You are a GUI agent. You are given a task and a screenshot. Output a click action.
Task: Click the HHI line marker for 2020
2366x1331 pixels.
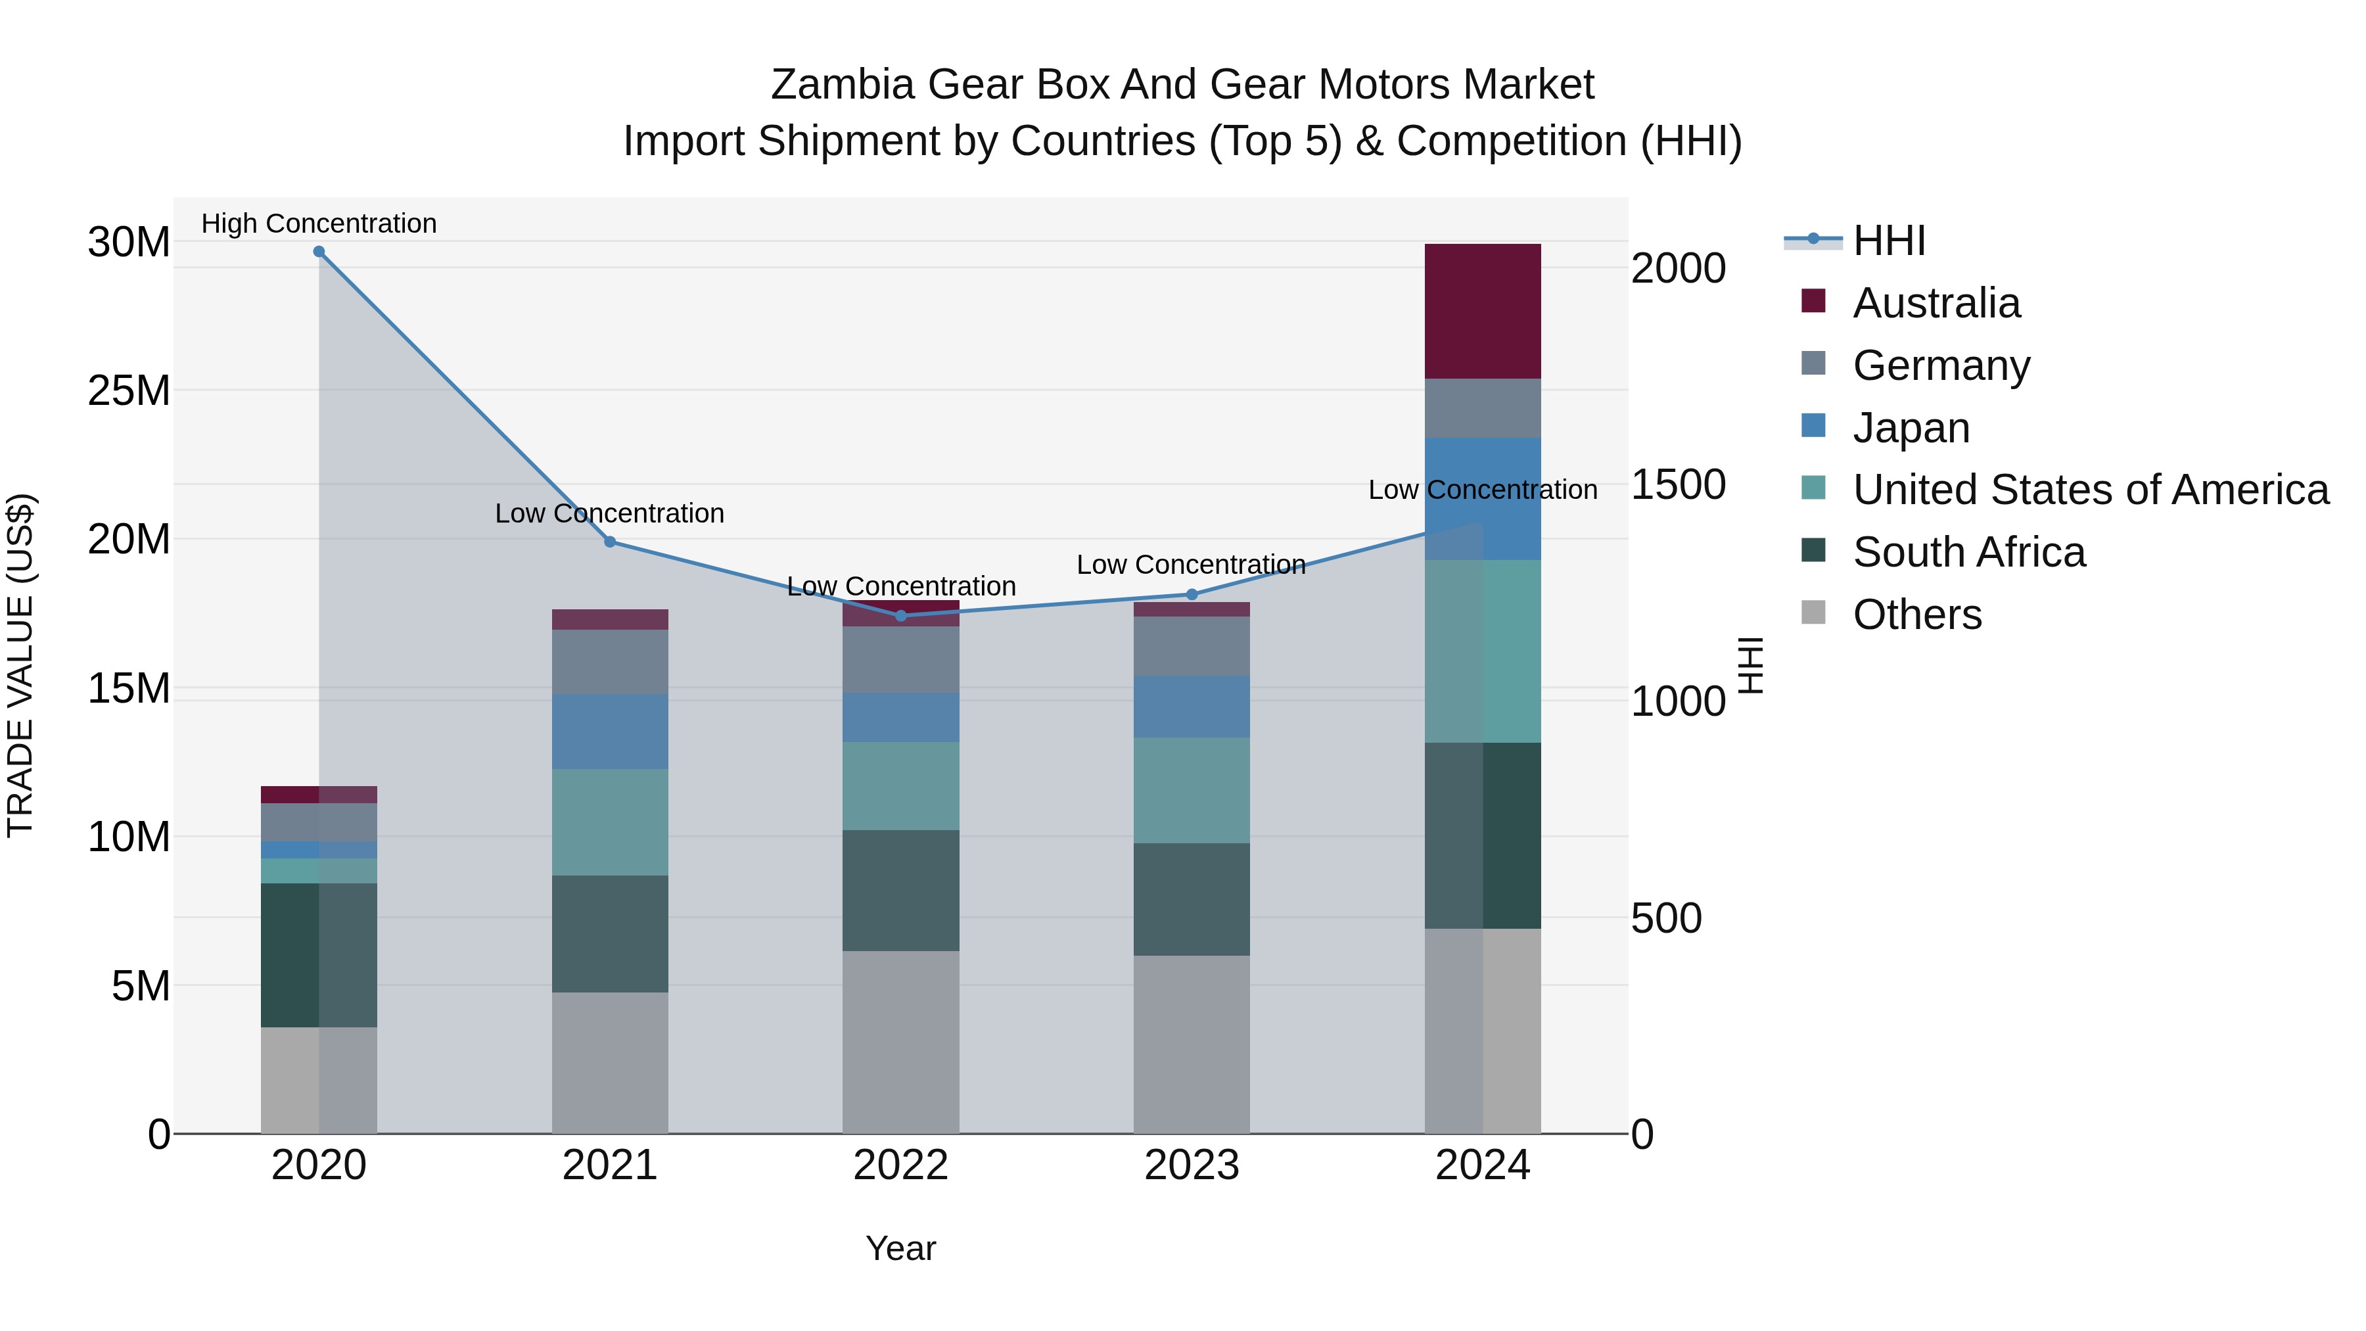click(x=319, y=252)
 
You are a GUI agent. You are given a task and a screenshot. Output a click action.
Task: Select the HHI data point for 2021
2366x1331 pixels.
click(x=610, y=542)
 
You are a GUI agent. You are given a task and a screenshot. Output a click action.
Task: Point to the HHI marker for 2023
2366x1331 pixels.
click(x=1192, y=594)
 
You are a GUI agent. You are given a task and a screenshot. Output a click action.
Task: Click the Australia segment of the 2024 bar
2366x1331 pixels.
click(x=1483, y=312)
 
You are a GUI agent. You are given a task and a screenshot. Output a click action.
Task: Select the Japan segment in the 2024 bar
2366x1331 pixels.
click(x=1483, y=499)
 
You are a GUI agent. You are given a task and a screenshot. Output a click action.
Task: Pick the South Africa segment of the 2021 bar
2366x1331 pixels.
click(x=610, y=933)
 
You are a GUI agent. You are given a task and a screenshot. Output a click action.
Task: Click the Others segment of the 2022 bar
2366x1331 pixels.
click(x=901, y=1042)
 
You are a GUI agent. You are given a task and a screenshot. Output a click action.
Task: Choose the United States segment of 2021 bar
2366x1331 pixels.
click(x=610, y=822)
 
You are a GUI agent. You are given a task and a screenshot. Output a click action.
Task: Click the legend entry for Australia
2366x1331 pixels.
click(x=1936, y=303)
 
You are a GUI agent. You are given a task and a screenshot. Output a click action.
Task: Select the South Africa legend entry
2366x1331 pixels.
click(x=1968, y=552)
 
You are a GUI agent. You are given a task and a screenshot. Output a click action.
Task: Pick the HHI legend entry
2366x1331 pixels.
click(x=1888, y=241)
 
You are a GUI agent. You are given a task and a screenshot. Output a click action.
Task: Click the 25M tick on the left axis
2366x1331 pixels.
click(x=129, y=391)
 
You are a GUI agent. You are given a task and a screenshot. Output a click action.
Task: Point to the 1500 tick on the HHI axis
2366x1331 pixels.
click(x=1678, y=485)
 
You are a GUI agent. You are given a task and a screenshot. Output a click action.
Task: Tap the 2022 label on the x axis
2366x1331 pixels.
click(x=901, y=1165)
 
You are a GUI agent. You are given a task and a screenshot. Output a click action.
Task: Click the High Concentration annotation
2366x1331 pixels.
click(x=319, y=223)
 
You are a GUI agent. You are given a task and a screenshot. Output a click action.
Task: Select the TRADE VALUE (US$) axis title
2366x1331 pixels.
click(x=20, y=665)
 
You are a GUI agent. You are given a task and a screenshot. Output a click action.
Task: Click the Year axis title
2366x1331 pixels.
click(x=901, y=1248)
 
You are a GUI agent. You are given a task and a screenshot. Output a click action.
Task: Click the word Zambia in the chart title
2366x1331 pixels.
click(x=843, y=85)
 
